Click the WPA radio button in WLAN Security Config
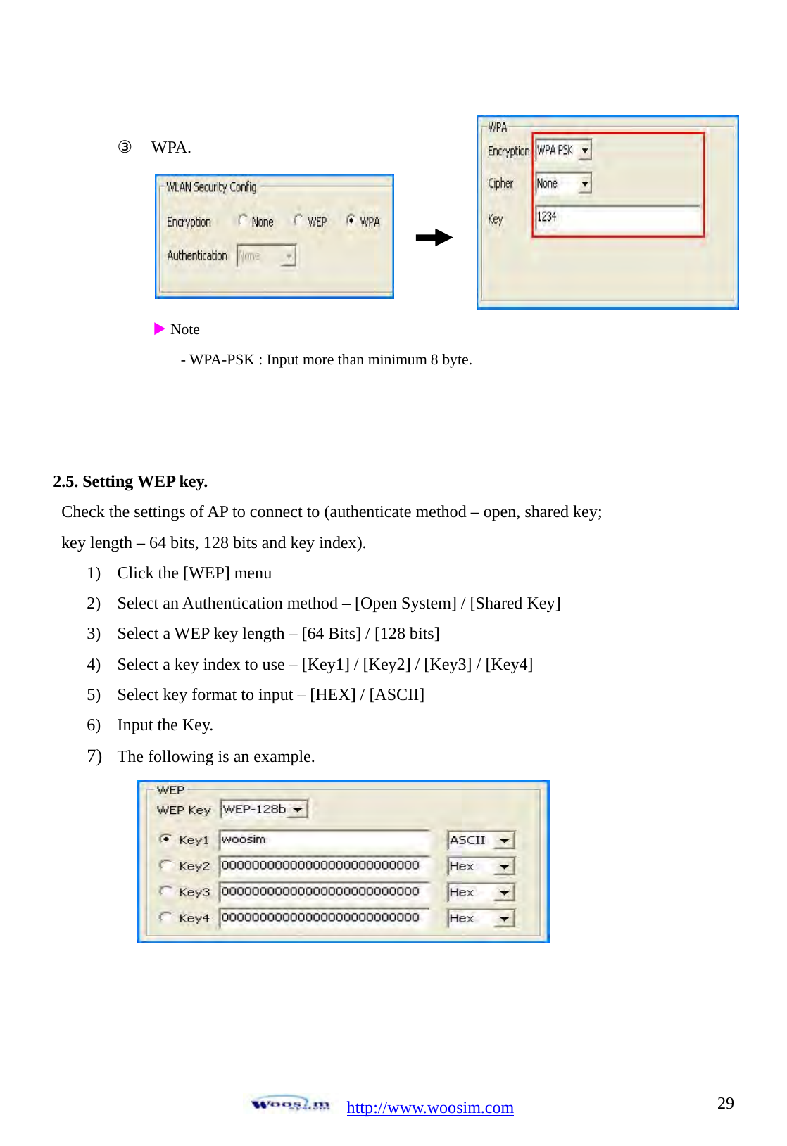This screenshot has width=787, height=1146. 350,221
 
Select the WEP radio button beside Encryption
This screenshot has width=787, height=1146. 298,221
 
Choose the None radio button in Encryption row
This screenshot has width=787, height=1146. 243,221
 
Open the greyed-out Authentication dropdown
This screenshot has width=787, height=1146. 266,255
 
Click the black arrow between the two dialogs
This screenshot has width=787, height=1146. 434,238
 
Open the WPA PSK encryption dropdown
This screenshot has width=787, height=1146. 584,151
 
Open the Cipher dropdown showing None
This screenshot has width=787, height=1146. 584,184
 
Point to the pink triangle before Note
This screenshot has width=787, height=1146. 159,329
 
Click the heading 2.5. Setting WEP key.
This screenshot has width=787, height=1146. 130,481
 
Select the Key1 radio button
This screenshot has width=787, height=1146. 165,839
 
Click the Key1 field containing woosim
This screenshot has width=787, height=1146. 324,840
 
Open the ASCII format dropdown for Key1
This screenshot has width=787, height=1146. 504,841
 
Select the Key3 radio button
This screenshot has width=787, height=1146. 165,891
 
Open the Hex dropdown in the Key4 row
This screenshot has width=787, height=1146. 504,919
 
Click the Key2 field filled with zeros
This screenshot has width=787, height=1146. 324,866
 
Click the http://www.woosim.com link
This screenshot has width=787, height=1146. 430,1107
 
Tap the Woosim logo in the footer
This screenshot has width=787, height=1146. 290,1104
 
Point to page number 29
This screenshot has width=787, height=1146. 725,1103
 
